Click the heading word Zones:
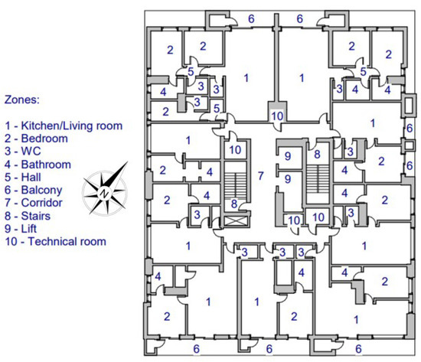[x=22, y=99]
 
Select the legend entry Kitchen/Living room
[x=64, y=126]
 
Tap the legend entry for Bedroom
[x=36, y=139]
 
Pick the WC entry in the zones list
[x=23, y=152]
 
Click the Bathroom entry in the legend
[x=38, y=165]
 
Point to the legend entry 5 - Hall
[x=23, y=178]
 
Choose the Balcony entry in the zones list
[x=34, y=190]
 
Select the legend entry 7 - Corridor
[x=34, y=203]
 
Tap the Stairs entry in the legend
[x=28, y=216]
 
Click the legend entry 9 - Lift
[x=21, y=229]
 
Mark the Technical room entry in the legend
[x=56, y=241]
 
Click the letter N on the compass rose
[x=103, y=193]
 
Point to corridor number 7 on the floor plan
[x=260, y=176]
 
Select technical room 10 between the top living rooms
[x=277, y=116]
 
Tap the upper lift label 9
[x=288, y=156]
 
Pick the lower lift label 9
[x=288, y=179]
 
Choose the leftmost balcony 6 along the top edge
[x=251, y=19]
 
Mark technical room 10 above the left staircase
[x=235, y=150]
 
